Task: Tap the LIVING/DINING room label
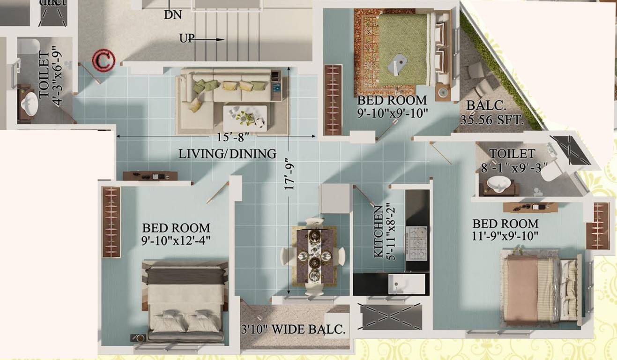tap(227, 154)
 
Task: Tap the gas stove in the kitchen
tap(416, 243)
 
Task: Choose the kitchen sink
tap(406, 284)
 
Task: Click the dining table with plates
tap(314, 257)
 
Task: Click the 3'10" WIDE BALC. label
tap(293, 329)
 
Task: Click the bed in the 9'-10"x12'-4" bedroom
tap(185, 300)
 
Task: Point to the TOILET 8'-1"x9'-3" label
tap(512, 160)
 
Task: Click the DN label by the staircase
tap(172, 15)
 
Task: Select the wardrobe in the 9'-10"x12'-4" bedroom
tap(112, 222)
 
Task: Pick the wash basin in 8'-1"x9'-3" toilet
tap(498, 185)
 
